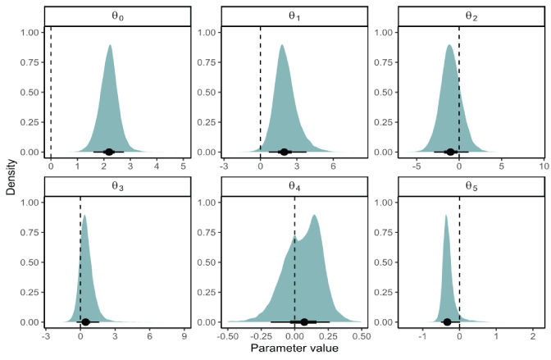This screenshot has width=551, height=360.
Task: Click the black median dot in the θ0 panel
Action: pos(109,152)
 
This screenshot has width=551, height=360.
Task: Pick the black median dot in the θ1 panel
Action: pos(285,152)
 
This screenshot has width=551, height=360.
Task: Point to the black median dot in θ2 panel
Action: pos(449,152)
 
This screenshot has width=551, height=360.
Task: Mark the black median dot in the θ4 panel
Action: pos(304,321)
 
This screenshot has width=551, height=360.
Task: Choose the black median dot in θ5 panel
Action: pos(447,321)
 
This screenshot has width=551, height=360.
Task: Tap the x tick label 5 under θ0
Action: pos(183,166)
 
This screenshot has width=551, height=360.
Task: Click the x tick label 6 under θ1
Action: pos(334,166)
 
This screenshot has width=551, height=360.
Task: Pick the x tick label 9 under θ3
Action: pos(184,336)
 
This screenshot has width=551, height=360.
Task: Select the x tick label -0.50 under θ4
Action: pos(228,336)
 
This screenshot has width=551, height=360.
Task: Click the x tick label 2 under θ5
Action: pos(533,336)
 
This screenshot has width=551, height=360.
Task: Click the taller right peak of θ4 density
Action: pos(313,216)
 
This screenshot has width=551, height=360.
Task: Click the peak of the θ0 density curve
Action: pos(109,46)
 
